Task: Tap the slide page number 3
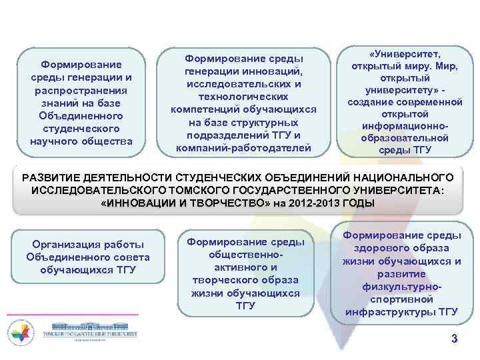(x=454, y=339)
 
